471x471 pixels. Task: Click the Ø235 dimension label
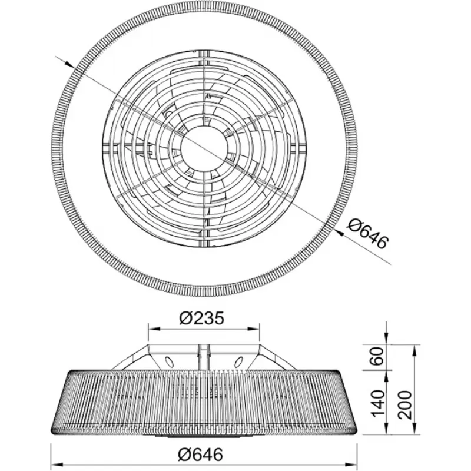point(202,318)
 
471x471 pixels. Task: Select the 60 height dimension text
point(377,356)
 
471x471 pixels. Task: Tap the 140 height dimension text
point(377,403)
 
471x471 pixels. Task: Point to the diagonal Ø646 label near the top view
point(367,234)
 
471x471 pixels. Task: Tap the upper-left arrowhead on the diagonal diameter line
point(69,64)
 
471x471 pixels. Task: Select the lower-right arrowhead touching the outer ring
point(340,231)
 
